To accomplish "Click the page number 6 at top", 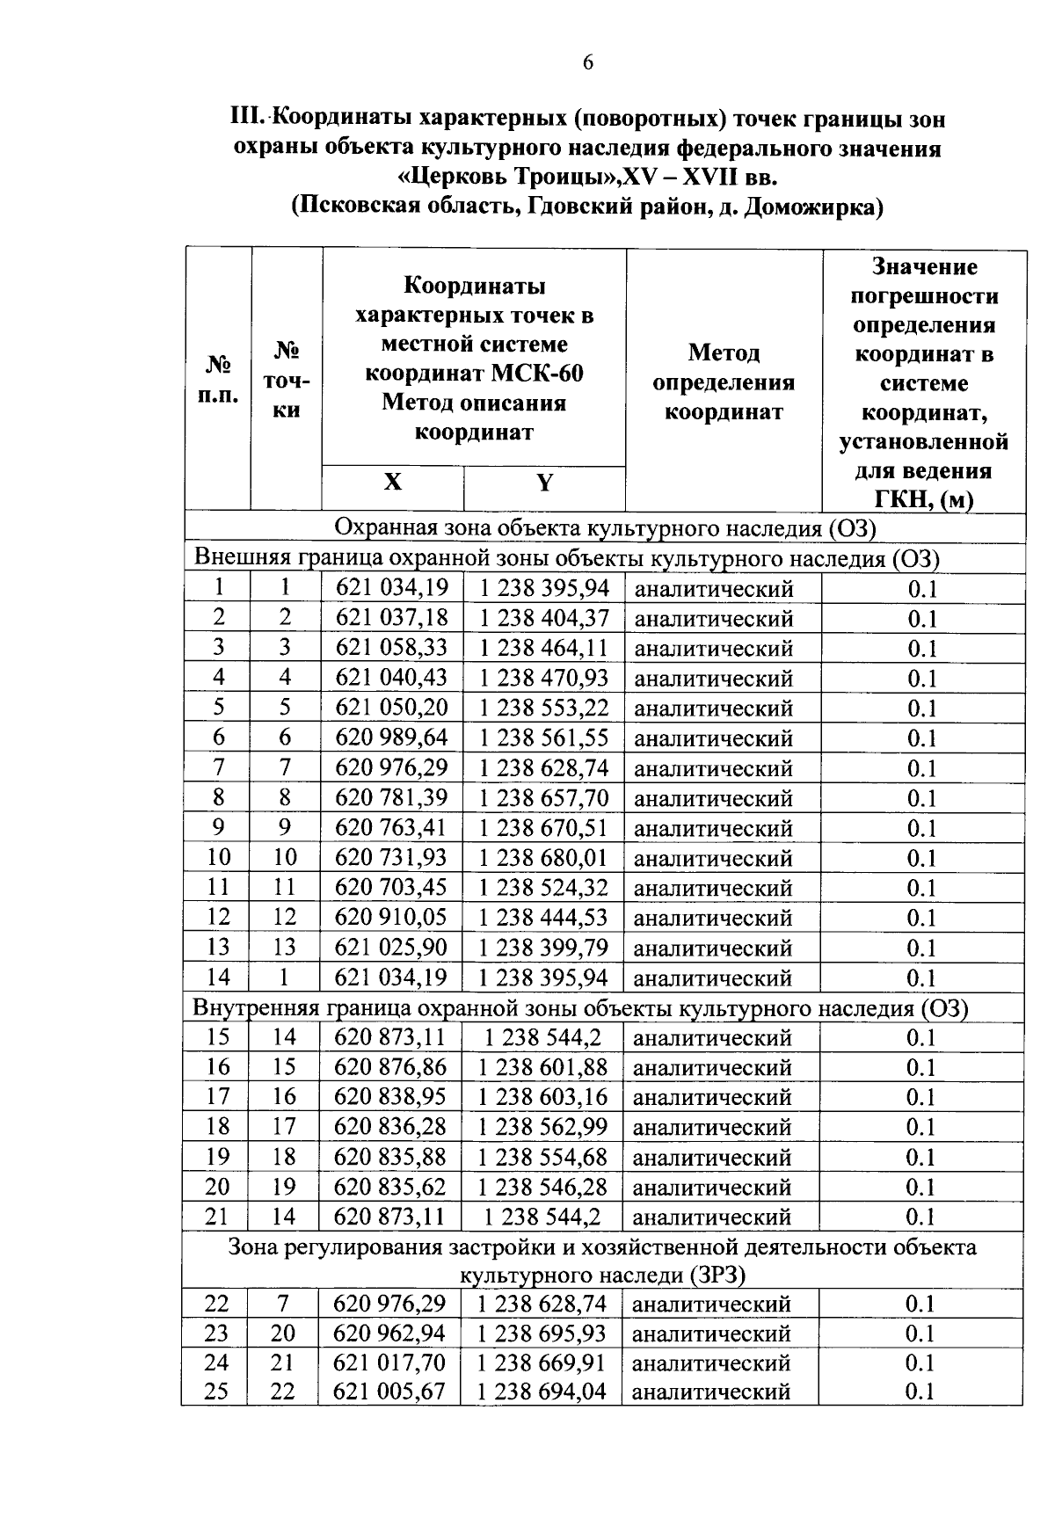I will point(587,62).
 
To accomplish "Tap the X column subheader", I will point(392,482).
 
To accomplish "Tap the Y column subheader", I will point(545,483).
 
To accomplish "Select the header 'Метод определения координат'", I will point(724,382).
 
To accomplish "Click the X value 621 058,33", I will point(392,648).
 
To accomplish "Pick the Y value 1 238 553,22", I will point(543,708).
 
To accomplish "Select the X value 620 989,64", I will point(392,738).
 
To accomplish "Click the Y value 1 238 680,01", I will point(543,857).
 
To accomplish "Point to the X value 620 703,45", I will point(392,887).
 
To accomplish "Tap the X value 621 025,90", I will point(392,947).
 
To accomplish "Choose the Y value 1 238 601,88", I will point(543,1067).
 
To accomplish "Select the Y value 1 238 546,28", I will point(542,1187).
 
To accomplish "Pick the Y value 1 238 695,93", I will point(542,1334).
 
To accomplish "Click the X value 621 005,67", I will point(389,1392).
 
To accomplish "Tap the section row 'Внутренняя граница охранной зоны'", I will point(580,1008).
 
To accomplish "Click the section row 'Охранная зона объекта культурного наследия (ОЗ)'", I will point(606,528).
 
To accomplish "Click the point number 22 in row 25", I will point(282,1392).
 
